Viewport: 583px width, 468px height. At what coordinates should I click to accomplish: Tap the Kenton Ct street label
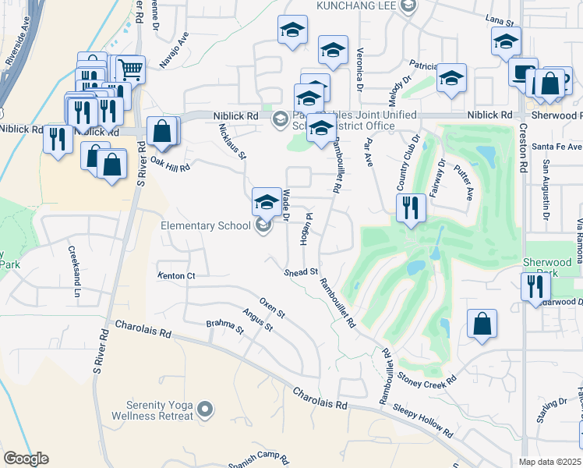pos(175,276)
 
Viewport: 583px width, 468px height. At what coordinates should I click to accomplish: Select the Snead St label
pos(302,272)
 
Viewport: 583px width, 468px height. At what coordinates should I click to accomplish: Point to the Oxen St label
pos(273,307)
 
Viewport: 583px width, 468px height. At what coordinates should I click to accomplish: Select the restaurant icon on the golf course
pos(411,208)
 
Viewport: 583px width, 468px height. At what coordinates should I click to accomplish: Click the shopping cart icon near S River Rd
pos(130,69)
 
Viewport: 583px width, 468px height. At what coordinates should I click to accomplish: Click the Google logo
pos(26,459)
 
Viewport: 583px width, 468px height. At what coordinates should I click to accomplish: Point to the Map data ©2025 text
pos(549,462)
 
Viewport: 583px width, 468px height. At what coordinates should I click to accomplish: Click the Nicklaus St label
pos(232,142)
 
